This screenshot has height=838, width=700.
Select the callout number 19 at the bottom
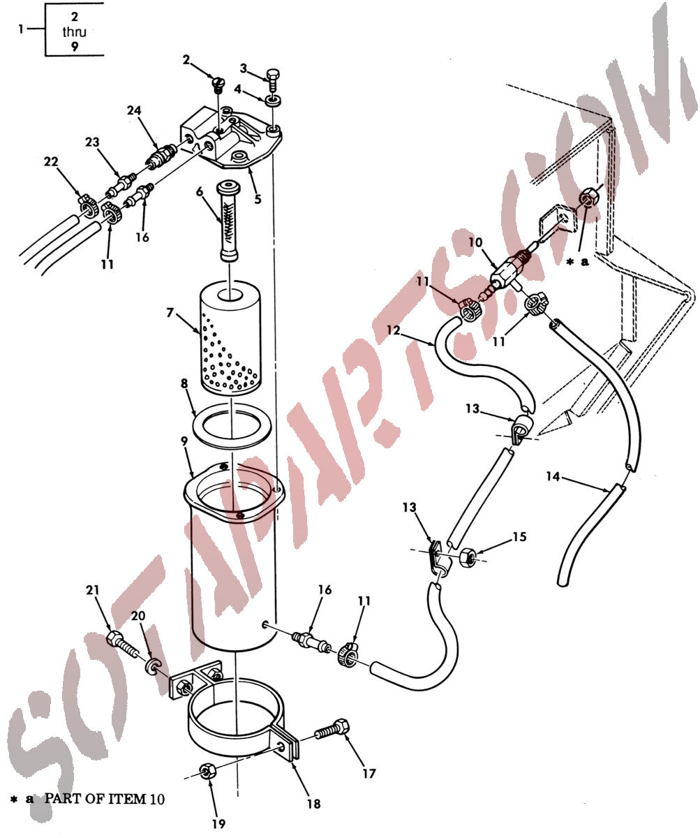[x=218, y=823]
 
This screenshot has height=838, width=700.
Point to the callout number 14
[x=552, y=476]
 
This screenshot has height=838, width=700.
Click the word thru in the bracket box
[x=74, y=32]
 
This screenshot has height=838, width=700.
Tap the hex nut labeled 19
[x=208, y=770]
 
